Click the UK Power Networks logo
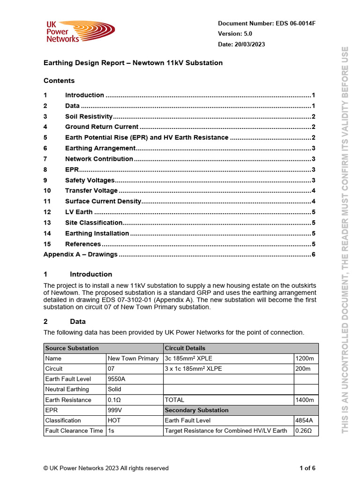point(80,32)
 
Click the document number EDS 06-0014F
point(266,23)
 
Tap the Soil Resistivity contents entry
point(89,116)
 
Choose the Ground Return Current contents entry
point(102,127)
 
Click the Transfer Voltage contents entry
point(91,190)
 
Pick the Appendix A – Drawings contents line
point(81,254)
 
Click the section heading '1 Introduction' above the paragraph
point(90,274)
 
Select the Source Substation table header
point(72,348)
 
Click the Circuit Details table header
point(185,348)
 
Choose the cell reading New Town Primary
point(133,358)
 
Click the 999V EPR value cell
point(115,410)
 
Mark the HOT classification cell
point(114,420)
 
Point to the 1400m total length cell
point(305,400)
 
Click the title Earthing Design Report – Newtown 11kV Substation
point(133,63)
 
